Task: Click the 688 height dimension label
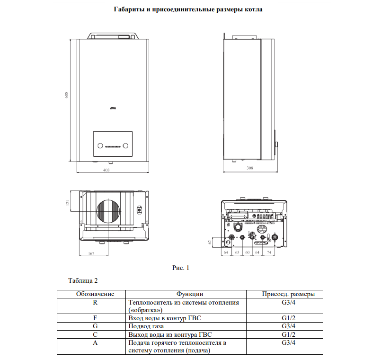[x=67, y=95]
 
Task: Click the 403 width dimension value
[x=106, y=170]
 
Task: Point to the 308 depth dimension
[x=250, y=168]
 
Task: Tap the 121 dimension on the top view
[x=68, y=203]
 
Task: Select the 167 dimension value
[x=91, y=253]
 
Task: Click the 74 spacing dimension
[x=269, y=252]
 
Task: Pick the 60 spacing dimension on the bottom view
[x=248, y=252]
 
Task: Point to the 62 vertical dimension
[x=210, y=242]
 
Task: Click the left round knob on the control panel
[x=100, y=146]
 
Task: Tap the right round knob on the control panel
[x=125, y=146]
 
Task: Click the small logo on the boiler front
[x=113, y=108]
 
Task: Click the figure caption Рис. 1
[x=181, y=268]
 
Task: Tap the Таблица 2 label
[x=83, y=281]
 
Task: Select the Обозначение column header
[x=95, y=294]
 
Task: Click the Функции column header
[x=190, y=294]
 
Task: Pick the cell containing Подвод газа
[x=186, y=326]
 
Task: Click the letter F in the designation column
[x=95, y=318]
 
